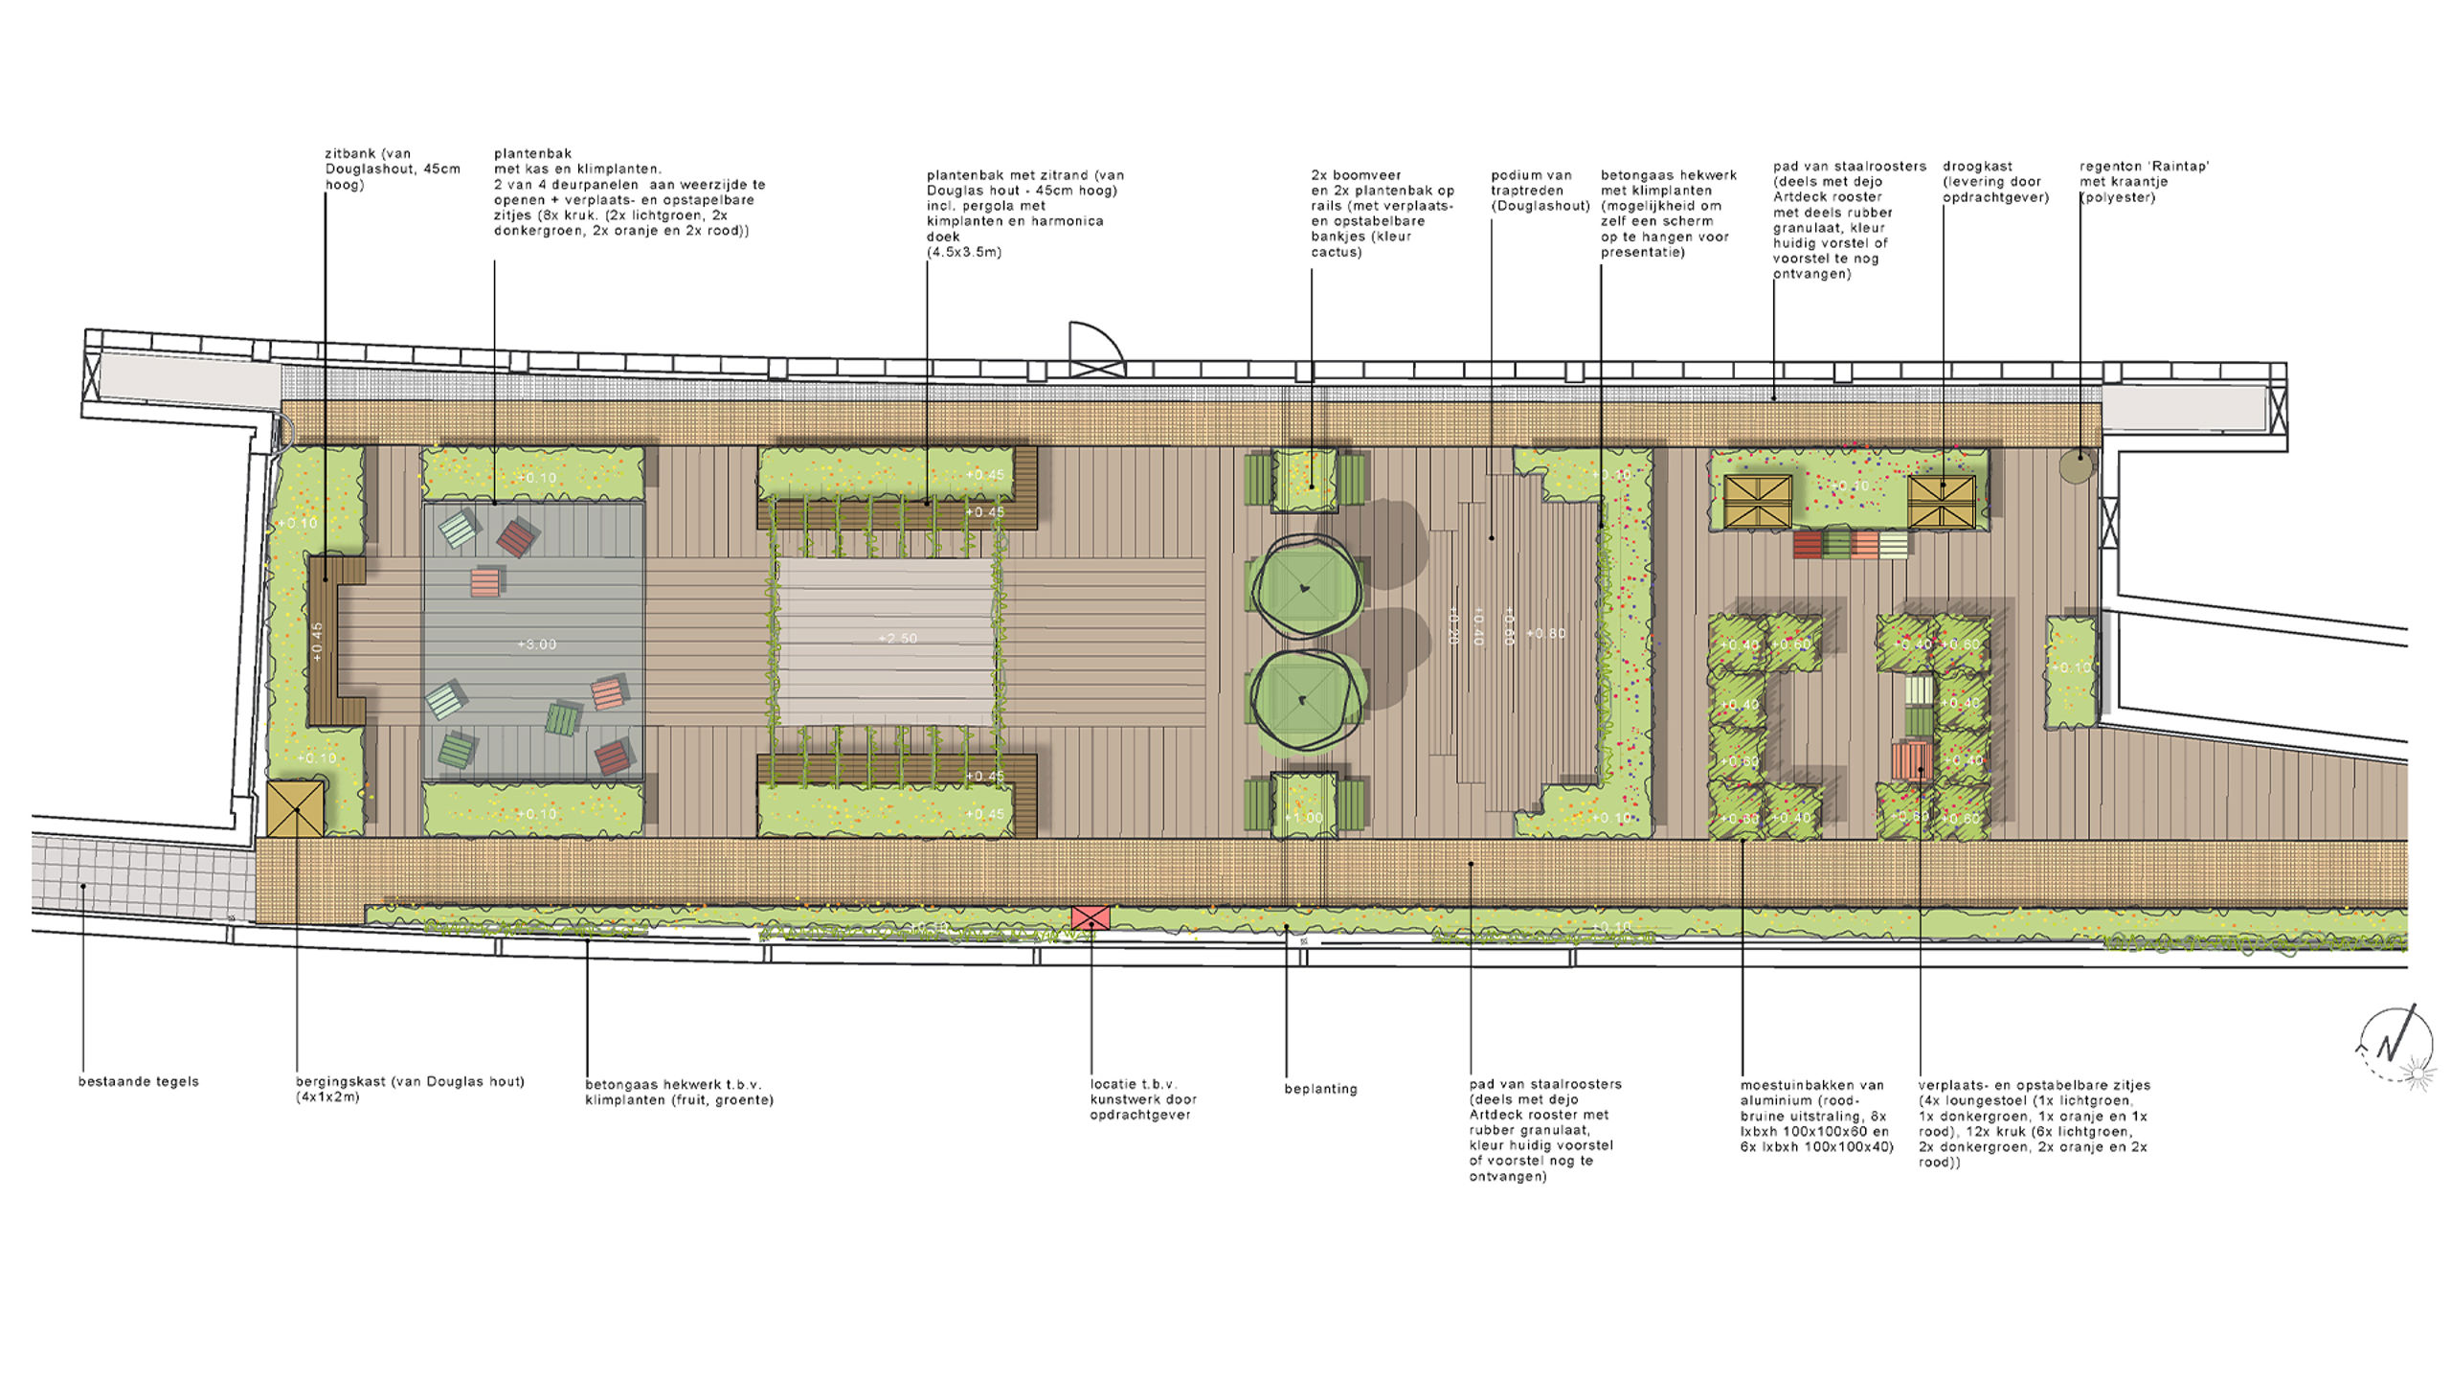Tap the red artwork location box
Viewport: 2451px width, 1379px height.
click(1091, 917)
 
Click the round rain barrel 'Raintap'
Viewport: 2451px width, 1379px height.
click(2077, 466)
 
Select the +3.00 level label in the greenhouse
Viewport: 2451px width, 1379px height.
click(537, 644)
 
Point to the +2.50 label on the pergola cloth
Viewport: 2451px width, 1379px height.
click(898, 639)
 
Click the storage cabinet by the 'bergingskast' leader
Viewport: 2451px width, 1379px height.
click(296, 808)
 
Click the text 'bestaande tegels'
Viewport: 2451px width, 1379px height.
click(139, 1081)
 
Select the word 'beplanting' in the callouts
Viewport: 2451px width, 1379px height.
click(1320, 1089)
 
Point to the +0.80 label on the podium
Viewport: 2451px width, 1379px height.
click(1546, 634)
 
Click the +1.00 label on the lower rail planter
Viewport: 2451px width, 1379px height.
click(1303, 818)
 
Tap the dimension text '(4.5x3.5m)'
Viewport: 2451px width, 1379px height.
click(964, 252)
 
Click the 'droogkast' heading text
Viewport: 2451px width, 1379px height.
click(1977, 167)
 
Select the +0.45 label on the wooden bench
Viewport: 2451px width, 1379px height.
click(318, 642)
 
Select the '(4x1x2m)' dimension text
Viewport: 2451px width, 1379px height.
click(328, 1097)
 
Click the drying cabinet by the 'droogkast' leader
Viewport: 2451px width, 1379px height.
click(1942, 501)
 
